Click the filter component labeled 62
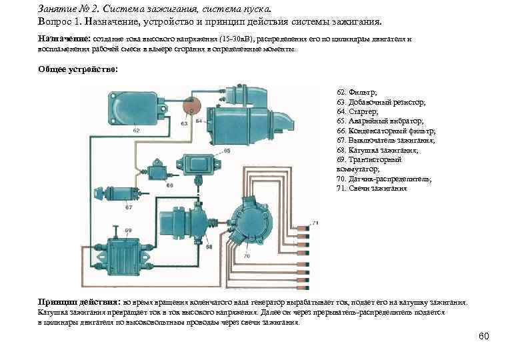tap(131, 109)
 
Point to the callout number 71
tap(315, 222)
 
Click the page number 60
tap(484, 336)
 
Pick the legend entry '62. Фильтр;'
tap(357, 91)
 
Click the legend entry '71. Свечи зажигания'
tap(371, 189)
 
